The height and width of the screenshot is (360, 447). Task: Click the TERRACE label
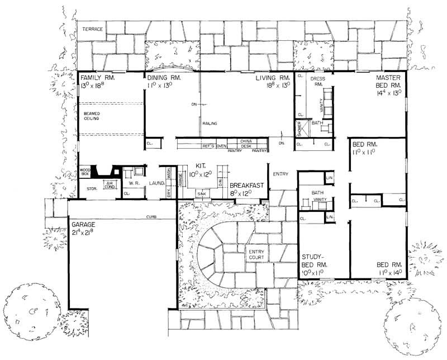click(x=92, y=29)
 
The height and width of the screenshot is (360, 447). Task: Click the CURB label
click(x=150, y=216)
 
